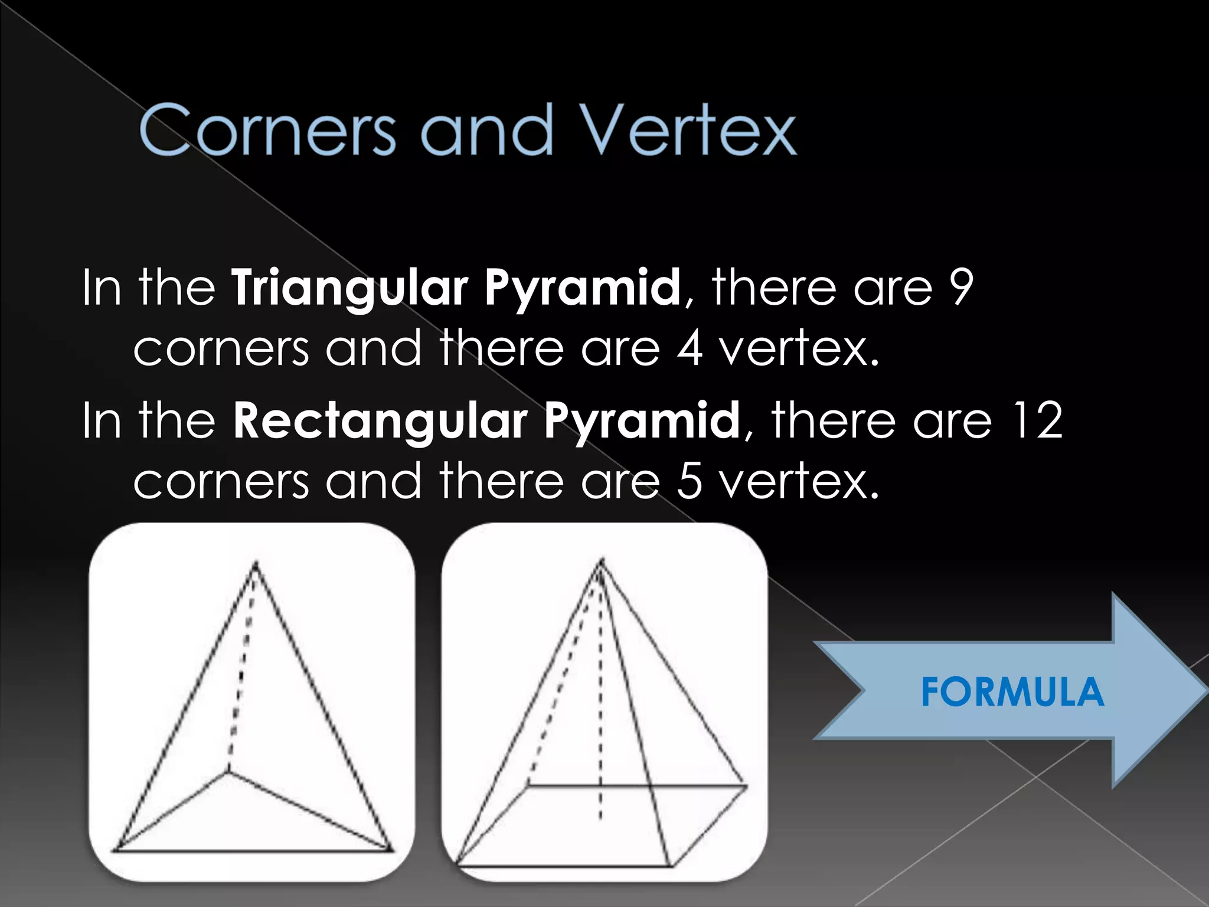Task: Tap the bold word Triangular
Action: (x=349, y=288)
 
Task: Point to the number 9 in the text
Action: (x=960, y=287)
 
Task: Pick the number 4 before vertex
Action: (x=690, y=348)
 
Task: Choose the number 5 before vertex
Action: (x=690, y=481)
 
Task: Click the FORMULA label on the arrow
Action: (x=1012, y=692)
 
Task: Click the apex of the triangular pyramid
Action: (x=256, y=564)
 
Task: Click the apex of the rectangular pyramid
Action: (x=602, y=560)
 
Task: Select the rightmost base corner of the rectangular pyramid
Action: (x=746, y=786)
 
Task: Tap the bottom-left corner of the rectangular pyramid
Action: (x=456, y=866)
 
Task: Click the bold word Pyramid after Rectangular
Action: (x=642, y=420)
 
